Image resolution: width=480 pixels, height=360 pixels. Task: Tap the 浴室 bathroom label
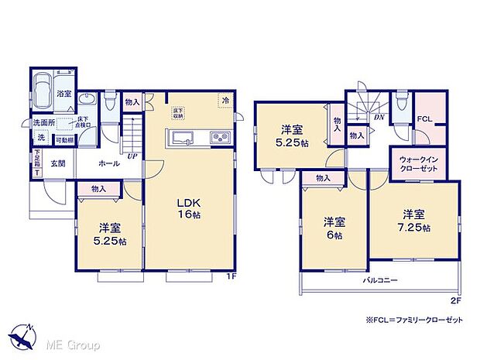[63, 94]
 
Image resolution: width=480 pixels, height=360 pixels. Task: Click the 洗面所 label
[43, 122]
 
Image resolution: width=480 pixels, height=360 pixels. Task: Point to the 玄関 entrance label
[58, 163]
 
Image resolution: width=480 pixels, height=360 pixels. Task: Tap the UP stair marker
[132, 155]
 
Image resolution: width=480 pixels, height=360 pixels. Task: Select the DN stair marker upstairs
[379, 118]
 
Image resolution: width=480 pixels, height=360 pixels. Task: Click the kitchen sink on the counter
[183, 139]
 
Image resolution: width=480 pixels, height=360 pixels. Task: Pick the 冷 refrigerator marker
[225, 101]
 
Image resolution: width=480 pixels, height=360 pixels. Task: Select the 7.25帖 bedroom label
[413, 221]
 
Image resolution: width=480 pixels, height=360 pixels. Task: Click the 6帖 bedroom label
[334, 229]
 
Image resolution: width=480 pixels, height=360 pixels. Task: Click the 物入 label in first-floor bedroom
[98, 187]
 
